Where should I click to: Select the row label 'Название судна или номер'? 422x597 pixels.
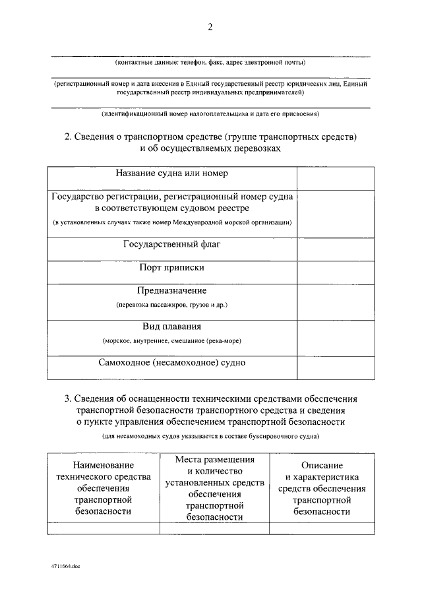(171, 173)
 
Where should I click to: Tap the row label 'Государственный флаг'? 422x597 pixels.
(171, 245)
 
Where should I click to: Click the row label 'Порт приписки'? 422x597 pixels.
(171, 267)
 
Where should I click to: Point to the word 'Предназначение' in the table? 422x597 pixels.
(171, 290)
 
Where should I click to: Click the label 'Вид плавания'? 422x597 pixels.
(171, 327)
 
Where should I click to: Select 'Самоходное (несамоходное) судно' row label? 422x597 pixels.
(171, 363)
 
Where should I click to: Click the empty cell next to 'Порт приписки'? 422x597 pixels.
(335, 272)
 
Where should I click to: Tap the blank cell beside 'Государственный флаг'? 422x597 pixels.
(335, 249)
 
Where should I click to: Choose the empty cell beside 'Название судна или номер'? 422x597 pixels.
(335, 178)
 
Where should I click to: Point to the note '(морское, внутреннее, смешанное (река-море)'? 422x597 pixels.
(171, 341)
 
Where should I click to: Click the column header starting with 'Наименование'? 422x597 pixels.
(104, 488)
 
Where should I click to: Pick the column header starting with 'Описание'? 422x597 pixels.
(321, 488)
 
